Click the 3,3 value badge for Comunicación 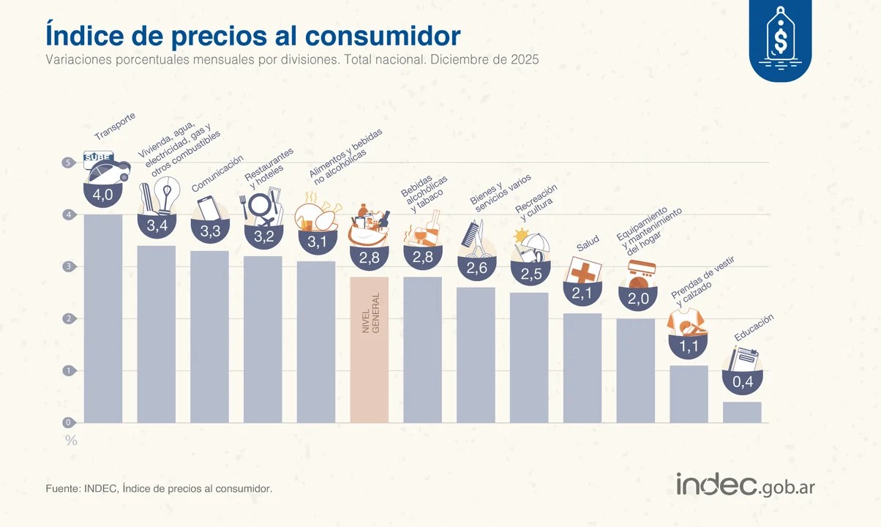(210, 231)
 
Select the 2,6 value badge (476, 268)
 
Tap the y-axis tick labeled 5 (68, 162)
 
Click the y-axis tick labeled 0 (68, 422)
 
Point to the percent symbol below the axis (71, 441)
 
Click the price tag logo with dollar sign (780, 39)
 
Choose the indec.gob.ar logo (745, 485)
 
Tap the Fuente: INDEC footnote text (159, 487)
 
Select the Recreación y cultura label (537, 203)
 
